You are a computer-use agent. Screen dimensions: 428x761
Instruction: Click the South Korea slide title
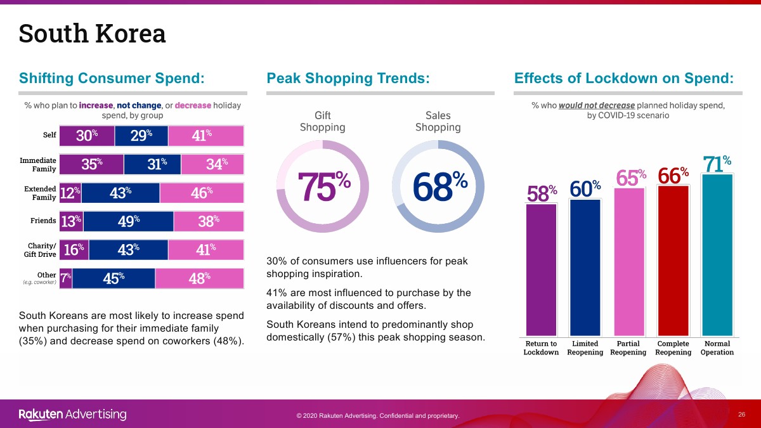[92, 34]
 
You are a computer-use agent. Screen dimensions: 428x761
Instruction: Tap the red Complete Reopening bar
[673, 261]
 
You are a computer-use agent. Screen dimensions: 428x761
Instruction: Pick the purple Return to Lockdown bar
[541, 270]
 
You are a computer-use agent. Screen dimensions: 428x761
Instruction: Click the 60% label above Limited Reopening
[585, 188]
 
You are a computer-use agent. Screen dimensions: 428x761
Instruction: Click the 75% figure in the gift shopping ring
[323, 186]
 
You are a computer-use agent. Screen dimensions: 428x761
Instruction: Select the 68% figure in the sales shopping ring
[439, 186]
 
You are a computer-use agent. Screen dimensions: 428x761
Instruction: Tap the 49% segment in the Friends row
[128, 221]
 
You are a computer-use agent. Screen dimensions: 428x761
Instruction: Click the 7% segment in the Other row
[65, 278]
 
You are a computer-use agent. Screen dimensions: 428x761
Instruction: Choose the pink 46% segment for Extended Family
[202, 193]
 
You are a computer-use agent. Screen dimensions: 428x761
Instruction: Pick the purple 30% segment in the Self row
[87, 136]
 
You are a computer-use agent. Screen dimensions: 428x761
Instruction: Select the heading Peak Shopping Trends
[348, 78]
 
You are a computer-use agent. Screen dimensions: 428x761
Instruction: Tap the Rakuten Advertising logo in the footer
[72, 415]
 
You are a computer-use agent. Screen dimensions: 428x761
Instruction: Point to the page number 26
[741, 415]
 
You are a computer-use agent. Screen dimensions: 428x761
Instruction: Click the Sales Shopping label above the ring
[438, 121]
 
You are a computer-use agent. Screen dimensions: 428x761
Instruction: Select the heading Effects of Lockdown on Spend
[624, 78]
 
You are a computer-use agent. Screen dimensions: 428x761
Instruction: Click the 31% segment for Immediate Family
[152, 164]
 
